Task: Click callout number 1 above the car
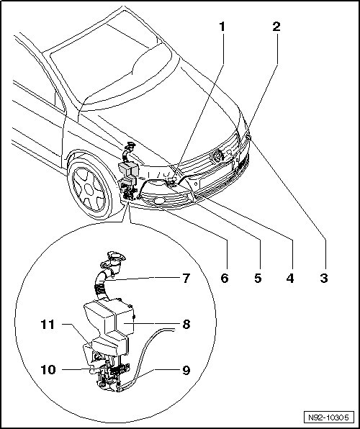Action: pyautogui.click(x=222, y=27)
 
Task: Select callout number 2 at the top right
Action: pyautogui.click(x=276, y=27)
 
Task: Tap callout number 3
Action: pyautogui.click(x=324, y=279)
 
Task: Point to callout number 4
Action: pyautogui.click(x=290, y=279)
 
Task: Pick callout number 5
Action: pyautogui.click(x=258, y=279)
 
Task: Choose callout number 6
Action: pyautogui.click(x=225, y=279)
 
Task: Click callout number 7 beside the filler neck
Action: pyautogui.click(x=186, y=279)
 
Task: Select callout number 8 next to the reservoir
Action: pyautogui.click(x=186, y=325)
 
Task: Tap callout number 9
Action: pyautogui.click(x=186, y=370)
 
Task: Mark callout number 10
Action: pyautogui.click(x=48, y=370)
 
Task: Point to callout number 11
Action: pyautogui.click(x=48, y=325)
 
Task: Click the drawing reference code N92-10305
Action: pyautogui.click(x=328, y=417)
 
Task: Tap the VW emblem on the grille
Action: pyautogui.click(x=217, y=156)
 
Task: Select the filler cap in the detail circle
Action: pyautogui.click(x=116, y=257)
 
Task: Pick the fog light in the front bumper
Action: pyautogui.click(x=159, y=201)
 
